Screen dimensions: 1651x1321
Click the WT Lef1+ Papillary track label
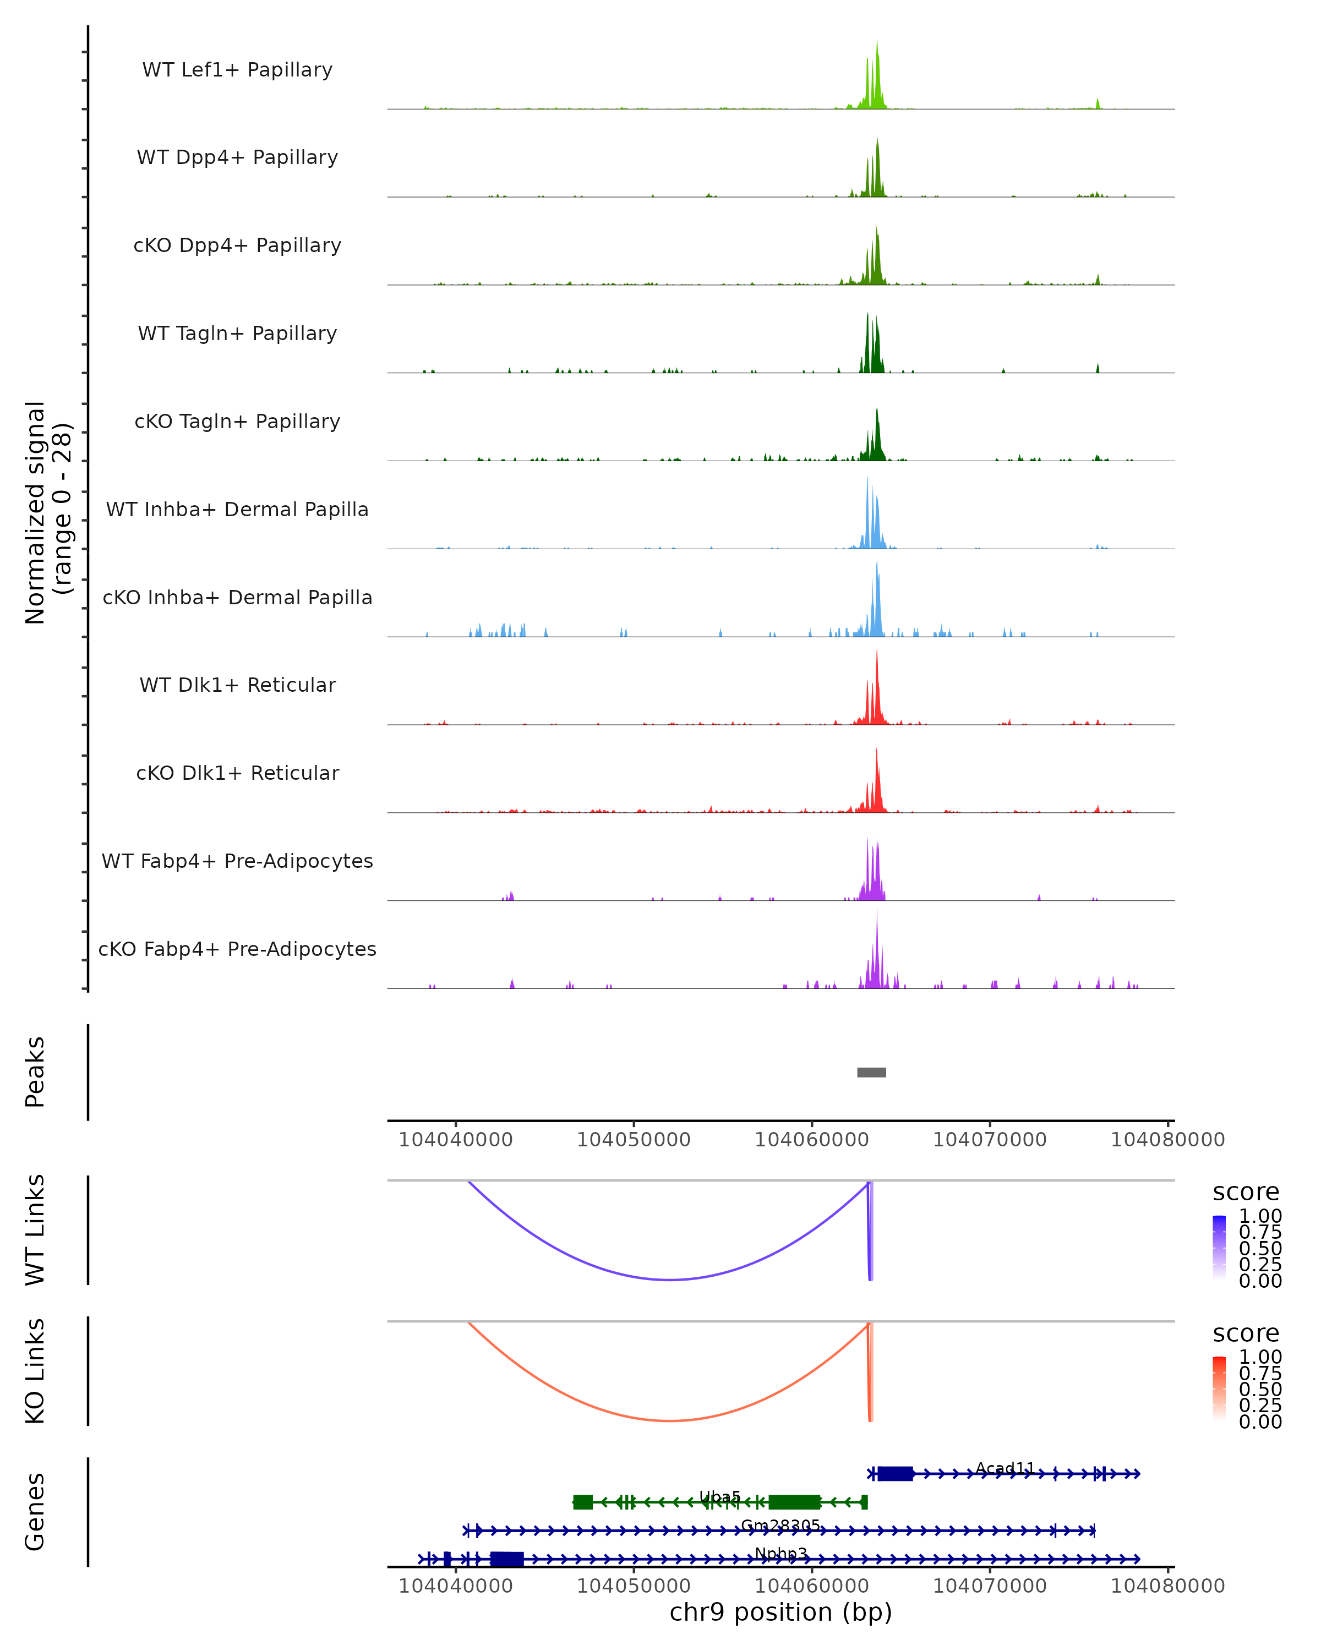tap(237, 70)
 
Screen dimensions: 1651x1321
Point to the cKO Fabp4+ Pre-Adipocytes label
tap(237, 949)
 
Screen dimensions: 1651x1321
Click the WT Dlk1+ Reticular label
tap(237, 685)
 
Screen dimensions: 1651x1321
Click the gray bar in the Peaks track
tap(871, 1072)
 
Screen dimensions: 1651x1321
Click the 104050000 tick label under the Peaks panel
tap(634, 1140)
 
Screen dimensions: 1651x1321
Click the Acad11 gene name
tap(1005, 1468)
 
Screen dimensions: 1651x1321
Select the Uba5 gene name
tap(720, 1496)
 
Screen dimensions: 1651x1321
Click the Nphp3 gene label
tap(780, 1554)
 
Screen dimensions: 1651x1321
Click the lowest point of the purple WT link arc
tap(670, 1280)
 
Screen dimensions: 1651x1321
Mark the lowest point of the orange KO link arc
tap(670, 1420)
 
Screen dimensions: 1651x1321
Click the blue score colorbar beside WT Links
tap(1219, 1247)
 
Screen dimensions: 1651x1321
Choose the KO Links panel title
tap(35, 1371)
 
